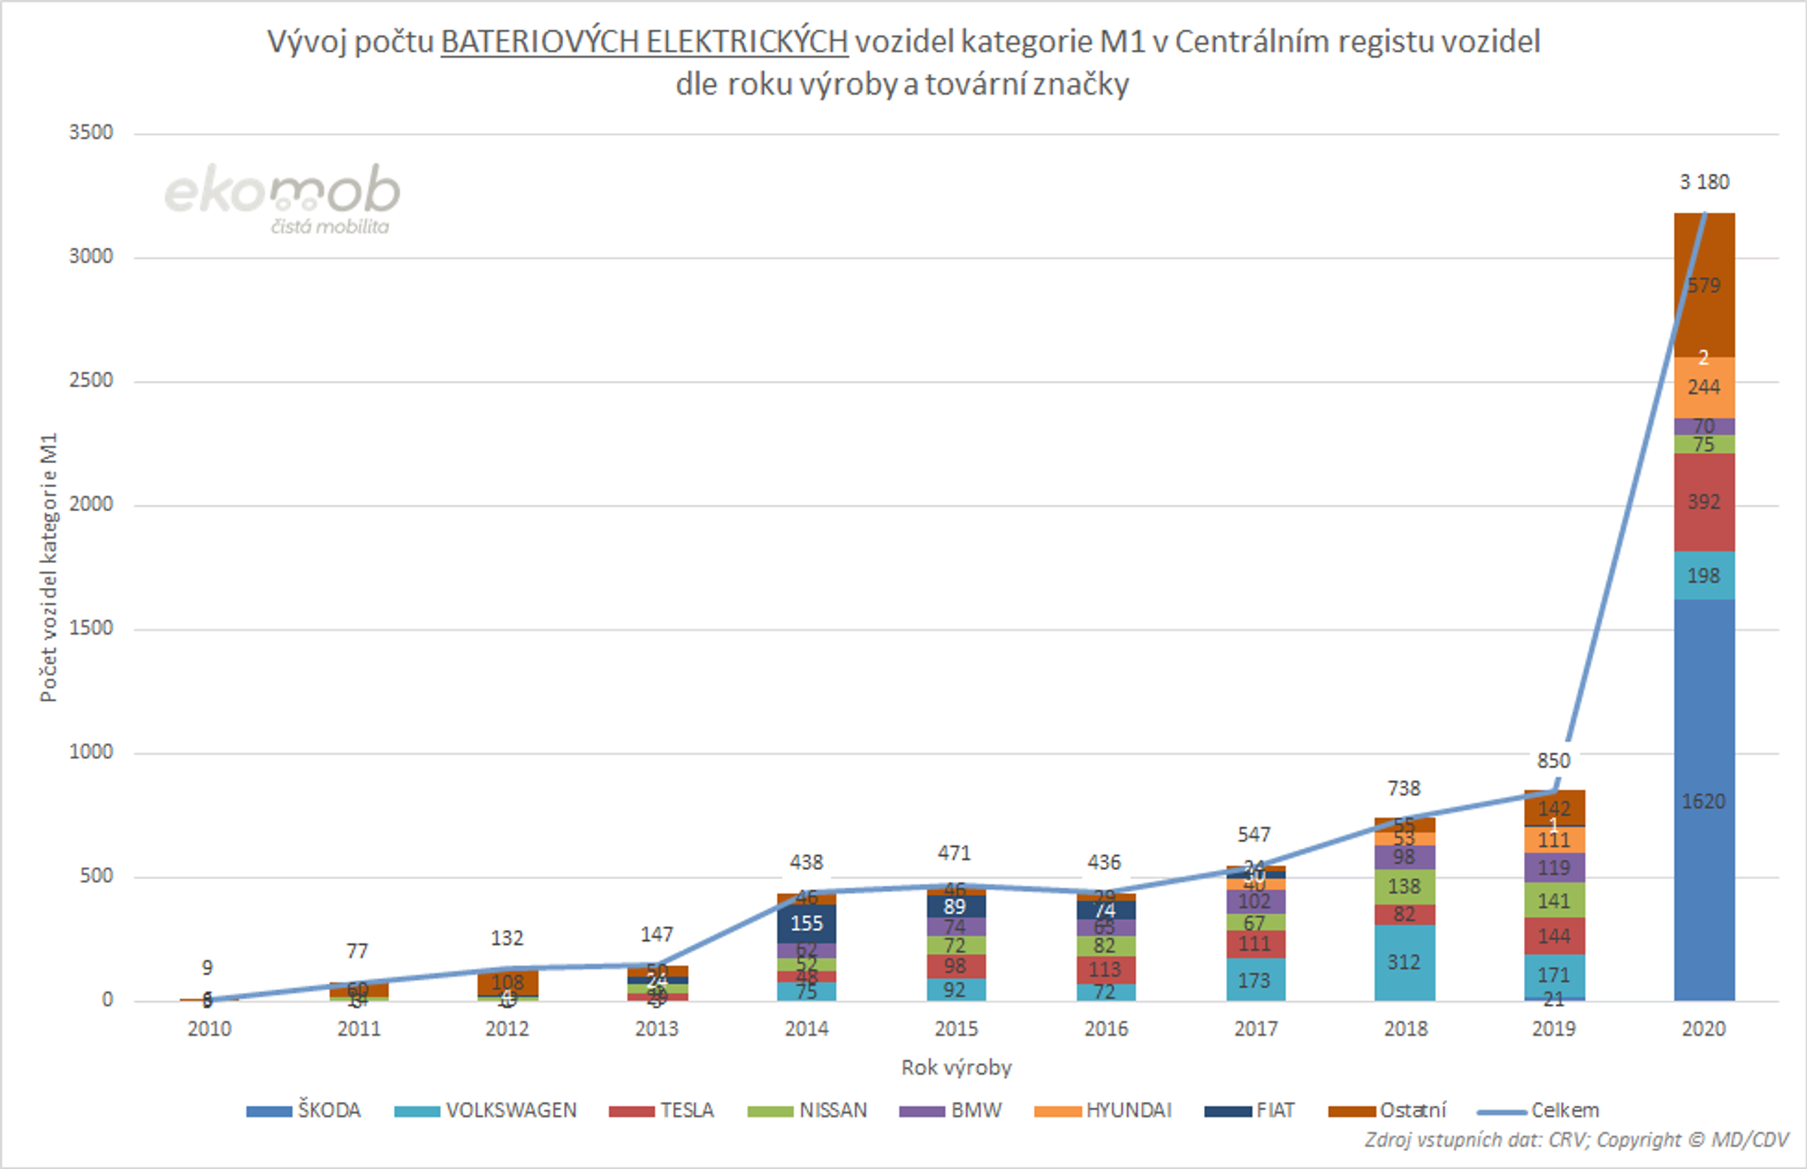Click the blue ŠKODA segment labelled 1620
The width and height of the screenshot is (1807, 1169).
tap(1704, 800)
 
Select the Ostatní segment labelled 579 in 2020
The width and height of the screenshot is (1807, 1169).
tap(1704, 285)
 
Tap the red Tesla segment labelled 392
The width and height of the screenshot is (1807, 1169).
tap(1704, 502)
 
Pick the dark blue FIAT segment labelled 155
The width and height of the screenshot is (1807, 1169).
tap(806, 923)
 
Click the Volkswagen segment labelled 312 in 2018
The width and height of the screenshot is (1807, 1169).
tap(1404, 962)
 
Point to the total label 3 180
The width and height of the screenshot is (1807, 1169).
tap(1704, 182)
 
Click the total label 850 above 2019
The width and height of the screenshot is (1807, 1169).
tap(1553, 760)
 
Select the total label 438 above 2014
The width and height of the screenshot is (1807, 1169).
tap(806, 863)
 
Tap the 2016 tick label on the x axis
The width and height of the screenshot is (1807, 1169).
tap(1105, 1029)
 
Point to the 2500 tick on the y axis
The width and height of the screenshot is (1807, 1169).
tap(91, 380)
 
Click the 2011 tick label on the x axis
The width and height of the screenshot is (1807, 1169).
tap(358, 1029)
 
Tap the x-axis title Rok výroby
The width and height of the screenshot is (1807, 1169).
tap(956, 1068)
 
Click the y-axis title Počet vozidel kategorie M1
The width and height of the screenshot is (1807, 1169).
tap(49, 568)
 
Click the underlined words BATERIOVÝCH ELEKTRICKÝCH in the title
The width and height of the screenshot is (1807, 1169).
tap(644, 41)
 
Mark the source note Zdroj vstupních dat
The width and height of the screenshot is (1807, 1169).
tap(1576, 1140)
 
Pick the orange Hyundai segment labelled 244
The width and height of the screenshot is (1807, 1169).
tap(1704, 387)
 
